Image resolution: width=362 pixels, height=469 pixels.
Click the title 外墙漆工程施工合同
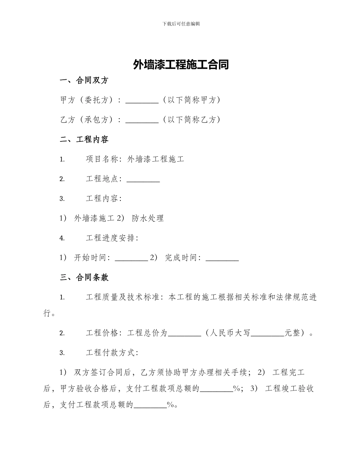181,64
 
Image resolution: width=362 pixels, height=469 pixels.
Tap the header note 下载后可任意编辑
181,24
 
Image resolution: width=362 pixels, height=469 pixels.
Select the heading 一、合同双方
84,80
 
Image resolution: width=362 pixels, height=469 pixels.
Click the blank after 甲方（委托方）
142,100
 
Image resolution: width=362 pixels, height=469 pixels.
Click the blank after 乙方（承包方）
142,120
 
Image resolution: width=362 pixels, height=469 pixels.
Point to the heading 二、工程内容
84,140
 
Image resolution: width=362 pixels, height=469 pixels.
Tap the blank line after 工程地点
143,179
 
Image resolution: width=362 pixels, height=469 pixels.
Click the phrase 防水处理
148,218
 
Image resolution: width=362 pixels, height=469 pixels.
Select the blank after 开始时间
131,258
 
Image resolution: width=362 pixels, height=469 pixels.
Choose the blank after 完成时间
222,258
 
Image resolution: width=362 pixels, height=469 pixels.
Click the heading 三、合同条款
84,278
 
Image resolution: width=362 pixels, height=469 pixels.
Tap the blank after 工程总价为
184,333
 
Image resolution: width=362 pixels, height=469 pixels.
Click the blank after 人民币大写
267,333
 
